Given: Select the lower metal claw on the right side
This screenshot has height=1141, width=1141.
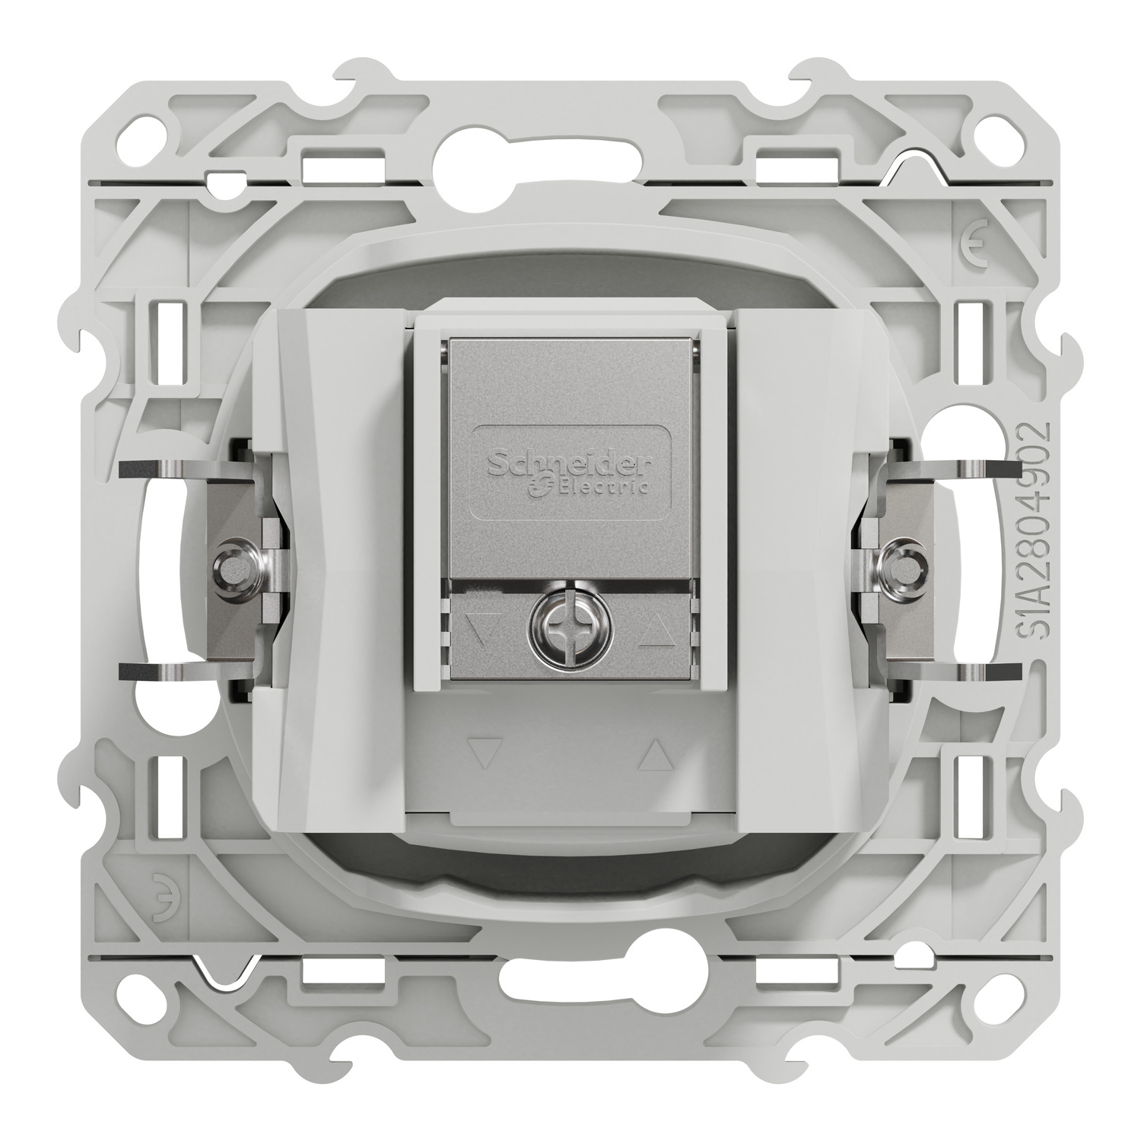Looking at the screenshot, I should [x=981, y=672].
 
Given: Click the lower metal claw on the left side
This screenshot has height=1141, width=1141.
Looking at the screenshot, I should [x=160, y=672].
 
